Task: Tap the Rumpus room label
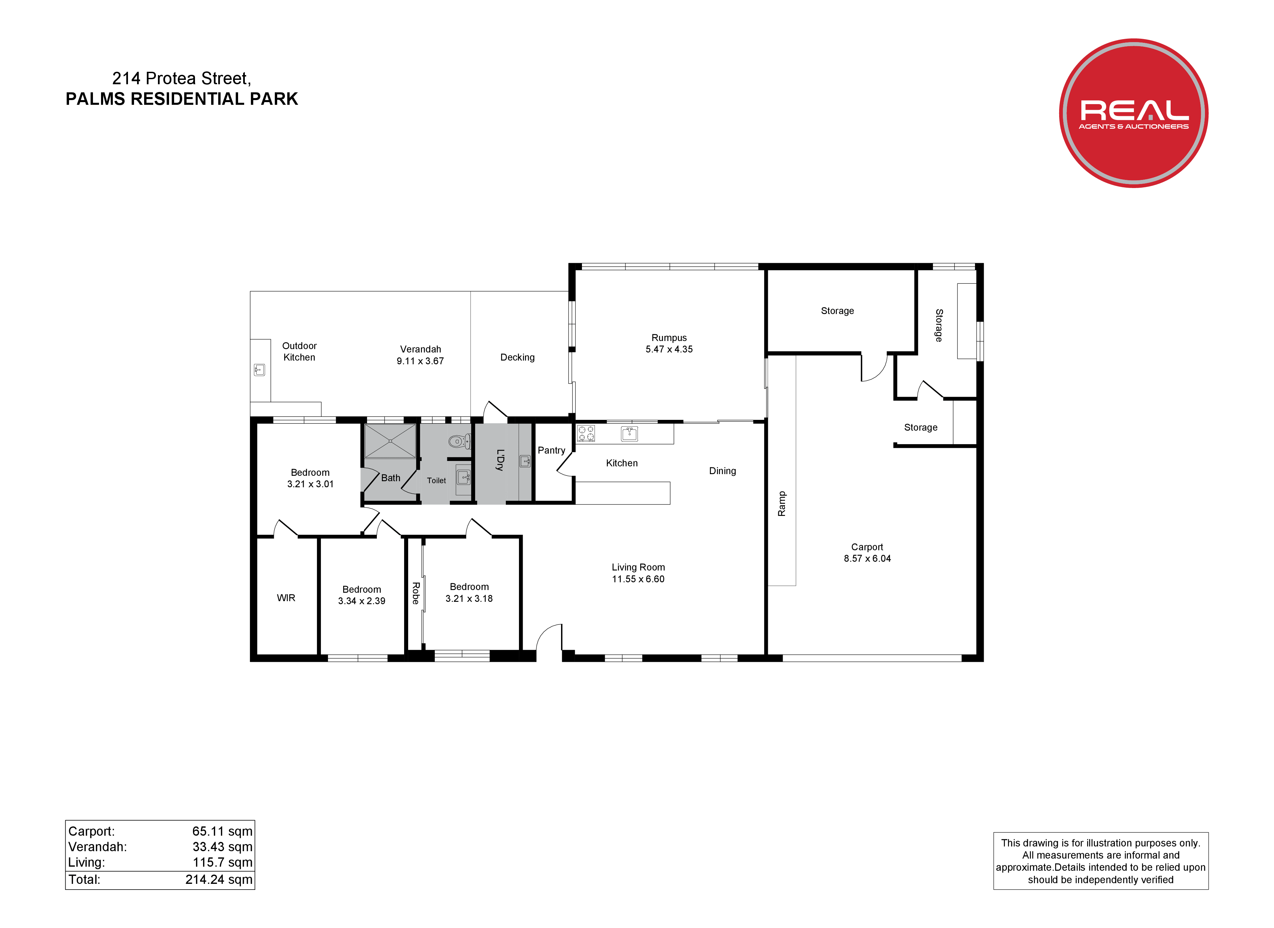(669, 338)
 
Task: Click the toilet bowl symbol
(459, 441)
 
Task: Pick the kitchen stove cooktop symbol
(586, 433)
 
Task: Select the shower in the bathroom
(390, 441)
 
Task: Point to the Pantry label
(552, 450)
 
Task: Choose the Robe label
(416, 593)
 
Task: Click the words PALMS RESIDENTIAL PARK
(182, 99)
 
